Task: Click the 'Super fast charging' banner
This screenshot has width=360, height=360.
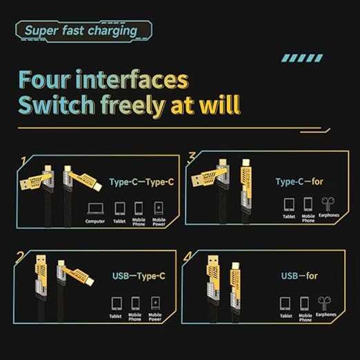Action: (x=83, y=31)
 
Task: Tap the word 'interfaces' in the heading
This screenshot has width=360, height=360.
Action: (x=132, y=79)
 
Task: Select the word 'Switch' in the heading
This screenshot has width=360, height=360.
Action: (x=57, y=105)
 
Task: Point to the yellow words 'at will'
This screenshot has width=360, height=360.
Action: (x=206, y=105)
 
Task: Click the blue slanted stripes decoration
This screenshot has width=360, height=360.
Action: (x=302, y=58)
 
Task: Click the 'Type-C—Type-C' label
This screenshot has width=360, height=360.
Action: (x=141, y=182)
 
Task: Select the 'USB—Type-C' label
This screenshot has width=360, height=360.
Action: (x=139, y=276)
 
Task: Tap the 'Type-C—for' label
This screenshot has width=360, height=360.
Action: (x=299, y=181)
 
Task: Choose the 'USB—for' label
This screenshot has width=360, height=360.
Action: (x=299, y=275)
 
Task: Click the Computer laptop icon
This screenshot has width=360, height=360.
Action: (x=96, y=208)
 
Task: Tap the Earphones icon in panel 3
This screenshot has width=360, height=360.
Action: (x=328, y=204)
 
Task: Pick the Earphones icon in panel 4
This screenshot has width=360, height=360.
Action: (x=324, y=303)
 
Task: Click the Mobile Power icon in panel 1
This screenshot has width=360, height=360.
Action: (x=159, y=208)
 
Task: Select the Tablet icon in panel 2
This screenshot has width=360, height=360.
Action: (x=117, y=303)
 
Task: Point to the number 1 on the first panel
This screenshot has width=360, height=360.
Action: (x=23, y=161)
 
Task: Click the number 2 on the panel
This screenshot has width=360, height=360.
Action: (x=20, y=257)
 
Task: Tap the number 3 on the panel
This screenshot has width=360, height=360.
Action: (x=192, y=157)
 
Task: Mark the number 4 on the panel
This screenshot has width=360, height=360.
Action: (x=188, y=257)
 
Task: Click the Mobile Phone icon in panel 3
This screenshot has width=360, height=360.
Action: (x=308, y=204)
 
